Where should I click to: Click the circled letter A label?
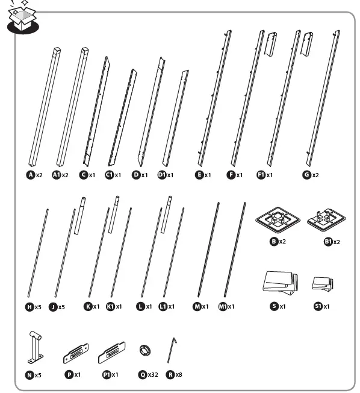point(31,175)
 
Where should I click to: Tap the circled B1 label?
point(328,242)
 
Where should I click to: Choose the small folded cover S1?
point(323,283)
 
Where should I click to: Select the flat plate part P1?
point(111,351)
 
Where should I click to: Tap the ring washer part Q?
point(144,351)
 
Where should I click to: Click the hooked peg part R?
point(174,350)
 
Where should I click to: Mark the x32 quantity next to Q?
point(153,374)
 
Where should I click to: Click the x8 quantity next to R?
point(179,374)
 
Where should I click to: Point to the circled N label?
point(29,374)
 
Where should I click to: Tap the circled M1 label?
point(222,307)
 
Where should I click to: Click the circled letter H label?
point(29,307)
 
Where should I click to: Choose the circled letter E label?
point(199,175)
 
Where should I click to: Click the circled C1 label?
point(109,175)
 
